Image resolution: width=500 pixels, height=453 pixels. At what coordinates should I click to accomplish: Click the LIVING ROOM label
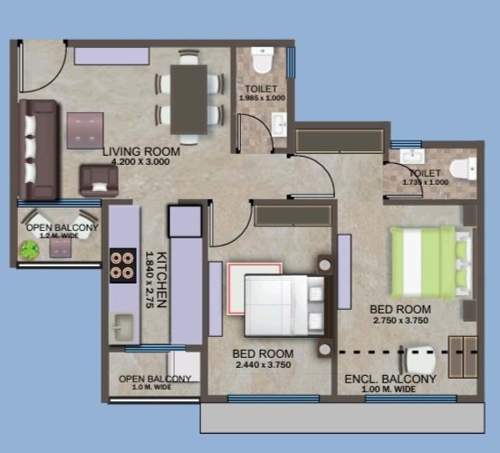point(140,151)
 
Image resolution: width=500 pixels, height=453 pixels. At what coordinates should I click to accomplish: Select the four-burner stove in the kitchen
point(120,266)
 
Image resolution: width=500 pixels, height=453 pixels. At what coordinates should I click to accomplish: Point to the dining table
point(189,99)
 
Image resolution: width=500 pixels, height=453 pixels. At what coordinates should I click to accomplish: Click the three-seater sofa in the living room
point(39,149)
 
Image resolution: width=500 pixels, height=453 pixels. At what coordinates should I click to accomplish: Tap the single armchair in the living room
point(99,180)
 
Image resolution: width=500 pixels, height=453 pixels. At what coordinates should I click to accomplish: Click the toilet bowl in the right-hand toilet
point(461,166)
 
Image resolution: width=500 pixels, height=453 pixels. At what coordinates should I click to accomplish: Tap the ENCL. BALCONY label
point(390,379)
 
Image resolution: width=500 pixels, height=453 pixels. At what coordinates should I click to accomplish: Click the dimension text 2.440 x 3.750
point(263,364)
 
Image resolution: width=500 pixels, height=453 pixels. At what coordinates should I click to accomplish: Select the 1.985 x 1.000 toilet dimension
point(261,98)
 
